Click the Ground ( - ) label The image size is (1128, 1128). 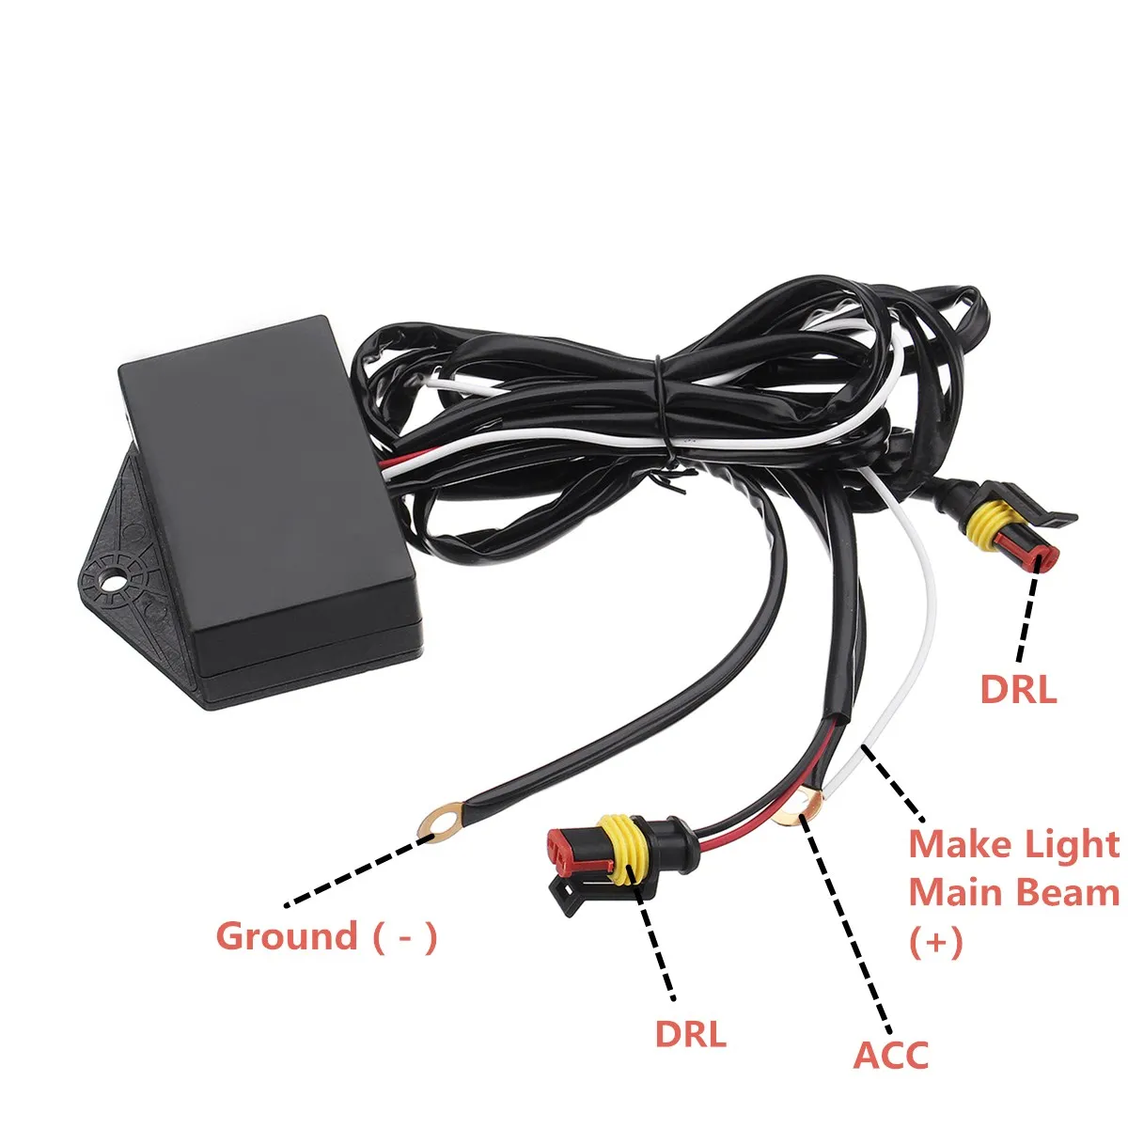[x=326, y=936]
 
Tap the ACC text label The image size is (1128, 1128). [x=890, y=1055]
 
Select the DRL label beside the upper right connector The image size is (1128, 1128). [x=1018, y=690]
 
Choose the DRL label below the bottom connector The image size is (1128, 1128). [x=691, y=1034]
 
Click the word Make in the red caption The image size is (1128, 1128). [x=959, y=844]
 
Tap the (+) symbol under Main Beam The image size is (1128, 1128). [x=936, y=941]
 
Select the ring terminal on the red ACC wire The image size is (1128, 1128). [x=801, y=807]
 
